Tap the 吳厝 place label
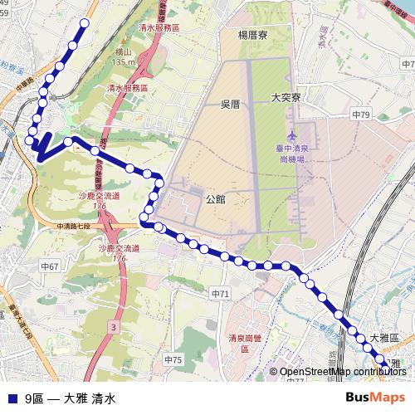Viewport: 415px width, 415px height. pyautogui.click(x=230, y=104)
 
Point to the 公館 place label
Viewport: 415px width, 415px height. pyautogui.click(x=214, y=198)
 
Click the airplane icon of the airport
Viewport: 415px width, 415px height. pyautogui.click(x=291, y=133)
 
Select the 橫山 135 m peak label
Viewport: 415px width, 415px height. pyautogui.click(x=124, y=57)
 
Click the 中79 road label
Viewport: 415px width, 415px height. pyautogui.click(x=360, y=113)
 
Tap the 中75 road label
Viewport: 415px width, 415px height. pyautogui.click(x=173, y=359)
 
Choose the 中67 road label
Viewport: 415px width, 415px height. pyautogui.click(x=49, y=266)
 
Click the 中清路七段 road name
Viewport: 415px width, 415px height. pyautogui.click(x=79, y=226)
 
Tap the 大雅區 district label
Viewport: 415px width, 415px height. pyautogui.click(x=384, y=337)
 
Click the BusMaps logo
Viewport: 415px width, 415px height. pyautogui.click(x=375, y=398)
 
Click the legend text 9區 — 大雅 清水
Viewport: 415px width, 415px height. pyautogui.click(x=70, y=398)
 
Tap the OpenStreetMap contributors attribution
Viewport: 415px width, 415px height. pyautogui.click(x=343, y=372)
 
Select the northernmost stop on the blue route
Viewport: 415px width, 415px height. pyautogui.click(x=84, y=23)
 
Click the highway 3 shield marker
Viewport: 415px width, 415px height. pyautogui.click(x=112, y=328)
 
